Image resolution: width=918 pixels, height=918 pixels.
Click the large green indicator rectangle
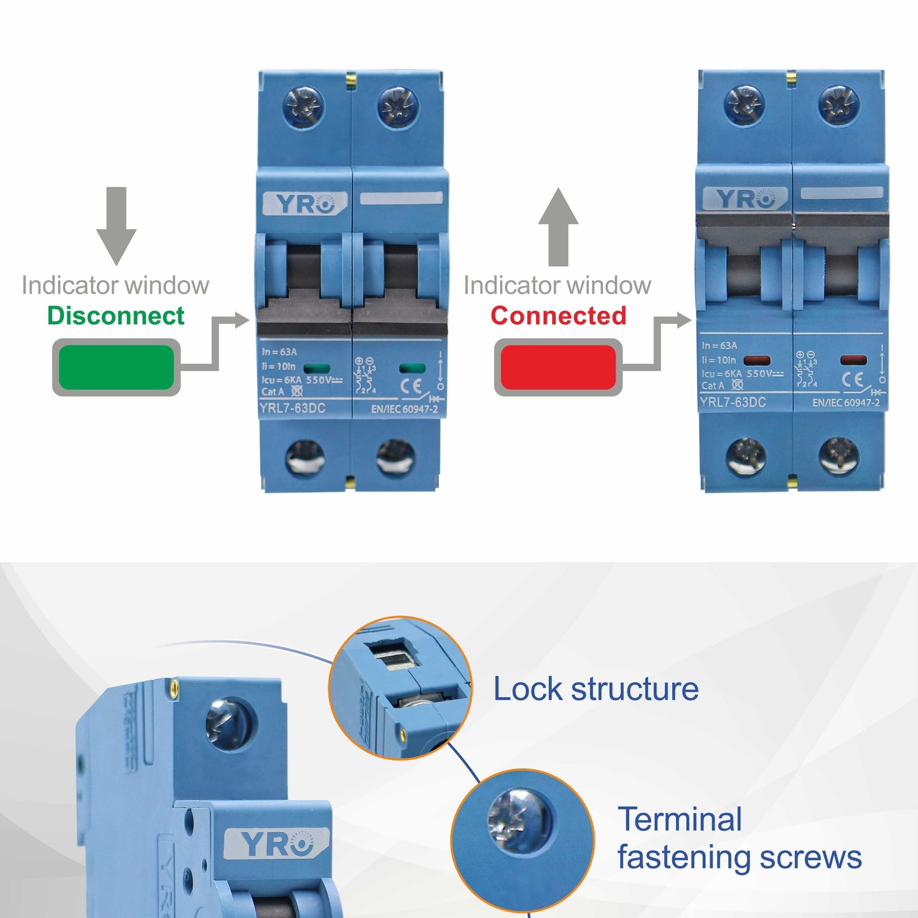(116, 367)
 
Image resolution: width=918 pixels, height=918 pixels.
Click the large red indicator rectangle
(558, 367)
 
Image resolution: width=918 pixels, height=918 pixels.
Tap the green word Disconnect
(116, 316)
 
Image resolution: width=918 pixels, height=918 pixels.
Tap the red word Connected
(558, 316)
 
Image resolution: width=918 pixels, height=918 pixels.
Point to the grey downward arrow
(116, 226)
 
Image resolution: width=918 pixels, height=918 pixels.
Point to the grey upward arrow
(558, 227)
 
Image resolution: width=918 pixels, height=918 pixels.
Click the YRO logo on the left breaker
(305, 203)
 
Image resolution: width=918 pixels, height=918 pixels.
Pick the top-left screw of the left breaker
(304, 106)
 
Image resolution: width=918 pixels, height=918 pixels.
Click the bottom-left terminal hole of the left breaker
(305, 457)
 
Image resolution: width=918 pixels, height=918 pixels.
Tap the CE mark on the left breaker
(414, 386)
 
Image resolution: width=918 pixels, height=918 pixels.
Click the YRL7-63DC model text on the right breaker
(732, 402)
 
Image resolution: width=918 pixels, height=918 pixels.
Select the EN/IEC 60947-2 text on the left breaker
(405, 409)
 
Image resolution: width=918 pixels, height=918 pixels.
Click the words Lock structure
(596, 689)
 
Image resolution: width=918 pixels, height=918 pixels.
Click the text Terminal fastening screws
(739, 838)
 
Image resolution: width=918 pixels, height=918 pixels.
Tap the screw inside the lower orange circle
(519, 820)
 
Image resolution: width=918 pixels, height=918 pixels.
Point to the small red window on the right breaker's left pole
(757, 361)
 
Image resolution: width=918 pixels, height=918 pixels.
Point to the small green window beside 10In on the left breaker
(317, 368)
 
